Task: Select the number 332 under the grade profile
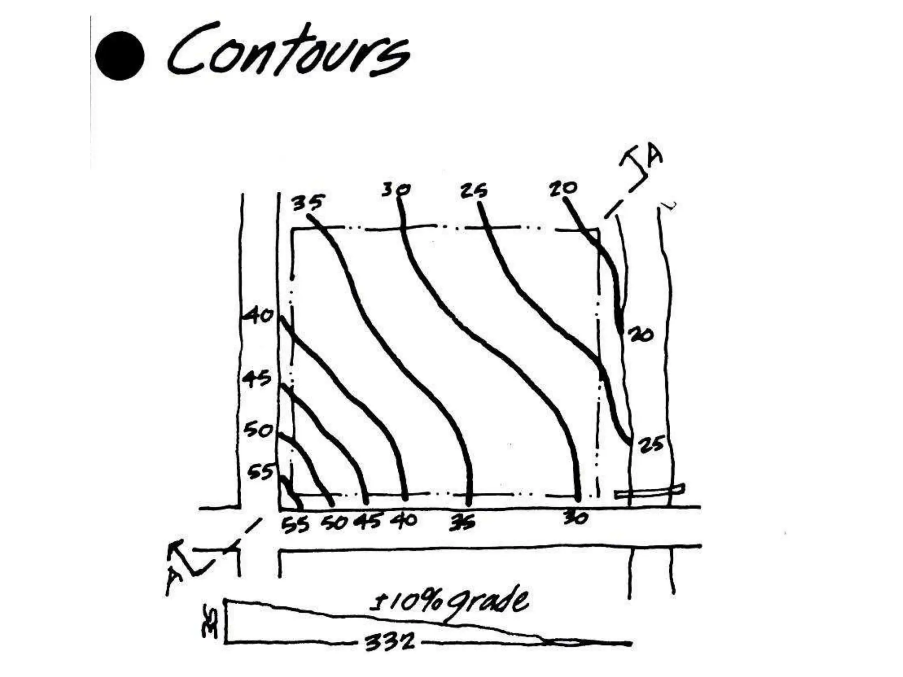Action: coord(390,641)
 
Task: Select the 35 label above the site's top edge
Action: coord(308,202)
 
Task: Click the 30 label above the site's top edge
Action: coord(396,190)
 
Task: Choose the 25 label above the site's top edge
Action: coord(474,191)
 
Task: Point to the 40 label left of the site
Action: coord(259,316)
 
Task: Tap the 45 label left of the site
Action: coord(257,379)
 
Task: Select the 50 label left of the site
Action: coord(258,430)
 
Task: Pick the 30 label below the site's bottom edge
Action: coord(576,518)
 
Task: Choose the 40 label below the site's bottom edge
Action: coord(403,521)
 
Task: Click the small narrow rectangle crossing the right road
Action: coord(650,491)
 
